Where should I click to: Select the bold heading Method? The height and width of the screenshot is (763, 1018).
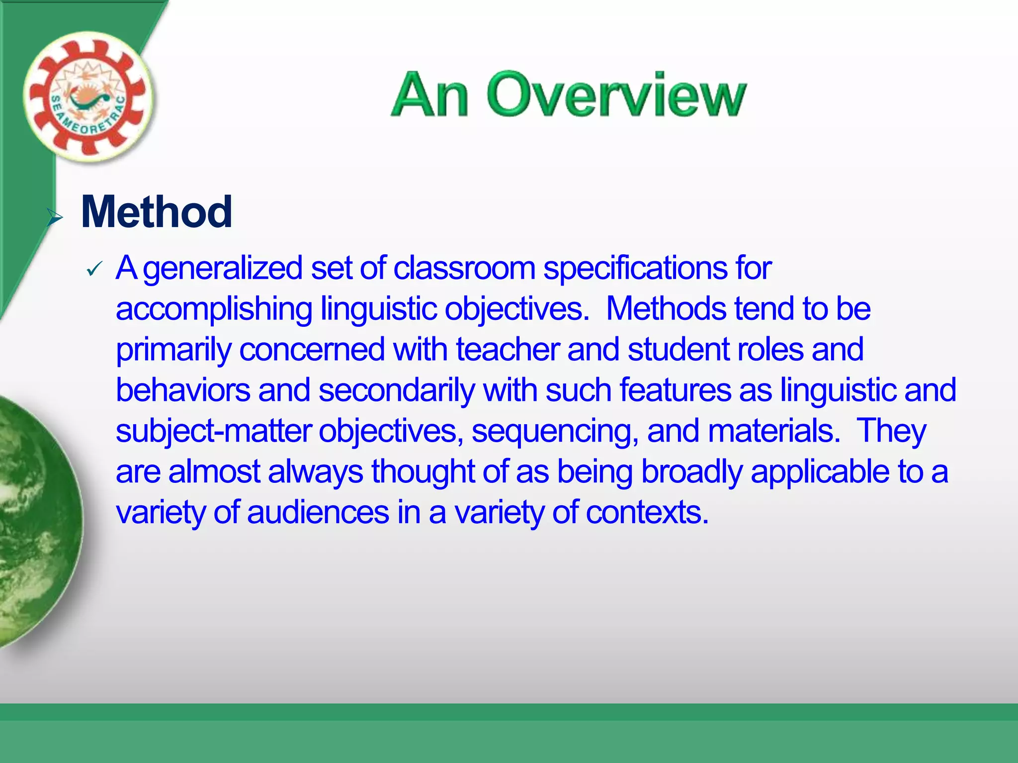156,212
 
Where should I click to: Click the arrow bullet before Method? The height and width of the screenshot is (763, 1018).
54,217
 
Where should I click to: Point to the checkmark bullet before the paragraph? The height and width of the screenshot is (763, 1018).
93,269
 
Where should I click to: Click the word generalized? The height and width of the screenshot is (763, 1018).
222,269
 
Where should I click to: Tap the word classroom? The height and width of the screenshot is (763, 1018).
464,268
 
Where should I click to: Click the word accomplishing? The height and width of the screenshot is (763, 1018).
214,309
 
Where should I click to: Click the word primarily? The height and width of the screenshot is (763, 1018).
173,350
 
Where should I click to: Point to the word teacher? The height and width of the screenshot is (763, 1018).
508,349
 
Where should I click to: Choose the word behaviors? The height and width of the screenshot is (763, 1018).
183,390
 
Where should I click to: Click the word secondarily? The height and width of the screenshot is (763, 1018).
397,391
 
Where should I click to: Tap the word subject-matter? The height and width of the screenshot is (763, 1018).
214,431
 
